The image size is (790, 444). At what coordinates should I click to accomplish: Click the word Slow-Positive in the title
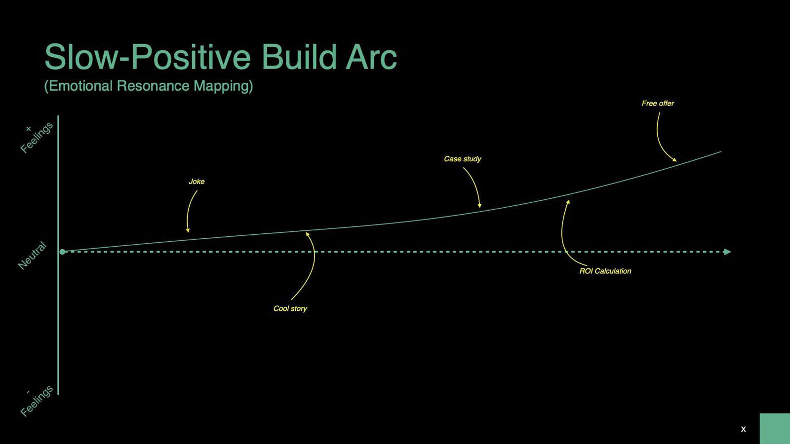(x=148, y=57)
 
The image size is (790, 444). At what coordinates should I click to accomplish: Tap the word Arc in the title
(x=371, y=57)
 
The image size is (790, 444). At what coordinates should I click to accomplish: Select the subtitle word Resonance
(x=153, y=86)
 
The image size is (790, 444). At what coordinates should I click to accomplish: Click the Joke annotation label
(x=197, y=182)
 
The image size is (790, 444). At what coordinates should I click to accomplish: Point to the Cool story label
(x=290, y=309)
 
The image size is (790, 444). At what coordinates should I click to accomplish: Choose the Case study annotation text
(x=462, y=159)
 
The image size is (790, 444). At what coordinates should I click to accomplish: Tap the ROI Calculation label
(x=605, y=271)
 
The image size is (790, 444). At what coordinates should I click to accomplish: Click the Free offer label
(x=658, y=103)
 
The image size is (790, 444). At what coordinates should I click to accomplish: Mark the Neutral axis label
(x=32, y=256)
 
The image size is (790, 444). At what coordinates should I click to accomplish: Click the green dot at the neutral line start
(x=62, y=252)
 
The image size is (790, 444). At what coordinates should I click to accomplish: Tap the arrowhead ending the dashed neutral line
(x=727, y=252)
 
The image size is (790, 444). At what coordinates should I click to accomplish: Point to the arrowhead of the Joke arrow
(x=188, y=230)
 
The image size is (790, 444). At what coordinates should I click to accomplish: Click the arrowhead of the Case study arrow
(x=479, y=205)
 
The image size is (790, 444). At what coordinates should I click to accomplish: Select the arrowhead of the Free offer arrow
(x=674, y=160)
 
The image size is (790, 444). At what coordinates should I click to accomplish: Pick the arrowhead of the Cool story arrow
(x=307, y=234)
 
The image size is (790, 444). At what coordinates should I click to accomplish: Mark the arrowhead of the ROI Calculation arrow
(x=568, y=202)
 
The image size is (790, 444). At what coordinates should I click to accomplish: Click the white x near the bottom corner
(x=744, y=429)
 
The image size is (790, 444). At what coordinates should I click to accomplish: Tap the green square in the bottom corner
(x=775, y=429)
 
